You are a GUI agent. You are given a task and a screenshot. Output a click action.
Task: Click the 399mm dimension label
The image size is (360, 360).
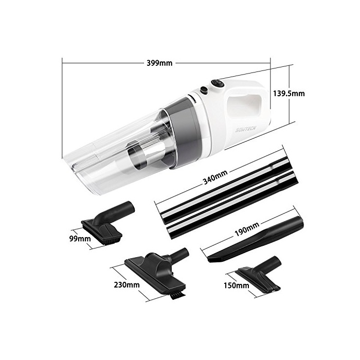point(159,63)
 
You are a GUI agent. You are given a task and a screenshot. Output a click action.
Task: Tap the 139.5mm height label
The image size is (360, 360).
point(289,94)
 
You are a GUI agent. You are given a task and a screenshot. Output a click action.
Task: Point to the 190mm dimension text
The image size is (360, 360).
point(247,229)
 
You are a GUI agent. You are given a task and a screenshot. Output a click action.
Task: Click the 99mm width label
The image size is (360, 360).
point(80,239)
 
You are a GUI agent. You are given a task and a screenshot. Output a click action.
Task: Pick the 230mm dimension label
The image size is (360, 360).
point(127,285)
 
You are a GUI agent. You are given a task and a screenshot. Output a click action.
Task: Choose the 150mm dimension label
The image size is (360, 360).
point(236,285)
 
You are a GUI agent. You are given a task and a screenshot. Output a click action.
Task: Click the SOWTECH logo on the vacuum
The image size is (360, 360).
point(245,130)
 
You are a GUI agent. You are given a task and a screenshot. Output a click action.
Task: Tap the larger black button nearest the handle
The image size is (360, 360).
point(218,83)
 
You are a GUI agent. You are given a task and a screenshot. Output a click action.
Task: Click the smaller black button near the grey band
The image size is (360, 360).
point(204,90)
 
